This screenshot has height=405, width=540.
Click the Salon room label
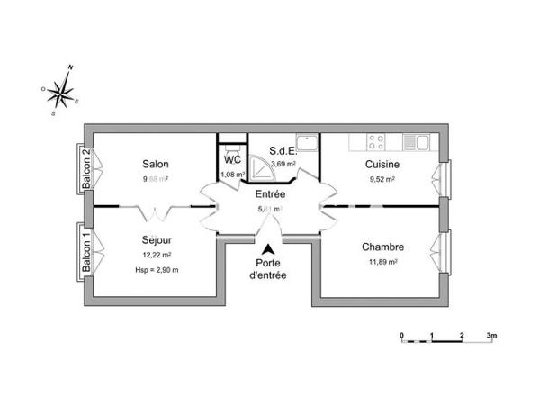156,164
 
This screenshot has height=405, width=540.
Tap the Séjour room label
156,240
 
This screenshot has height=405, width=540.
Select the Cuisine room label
382,165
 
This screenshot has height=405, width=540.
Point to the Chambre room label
382,247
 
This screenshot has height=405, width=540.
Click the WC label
233,159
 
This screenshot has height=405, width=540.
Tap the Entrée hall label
270,194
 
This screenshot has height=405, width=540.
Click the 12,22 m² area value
157,256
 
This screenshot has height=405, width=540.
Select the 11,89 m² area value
382,262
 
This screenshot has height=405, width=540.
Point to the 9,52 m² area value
382,179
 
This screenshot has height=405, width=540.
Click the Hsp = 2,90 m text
157,270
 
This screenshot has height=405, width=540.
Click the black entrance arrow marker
269,249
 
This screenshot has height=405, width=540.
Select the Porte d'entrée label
269,269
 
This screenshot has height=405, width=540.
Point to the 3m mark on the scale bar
491,335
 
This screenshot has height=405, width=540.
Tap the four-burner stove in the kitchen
376,141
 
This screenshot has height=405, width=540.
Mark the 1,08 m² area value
233,174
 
